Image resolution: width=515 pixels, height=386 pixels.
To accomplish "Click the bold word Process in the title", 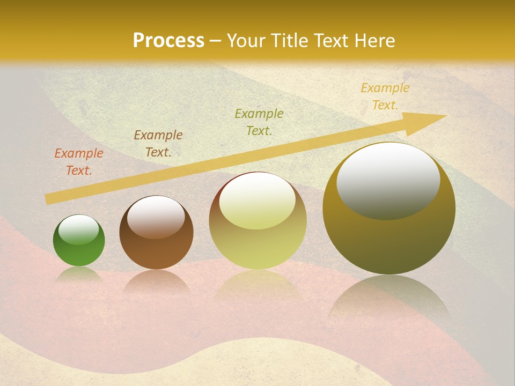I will click(x=168, y=40).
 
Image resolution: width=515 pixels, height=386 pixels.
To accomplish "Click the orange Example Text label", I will click(x=79, y=161).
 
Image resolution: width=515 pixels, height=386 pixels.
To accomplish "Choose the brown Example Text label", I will click(x=158, y=143).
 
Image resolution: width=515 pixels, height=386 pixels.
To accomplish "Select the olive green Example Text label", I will click(x=259, y=122).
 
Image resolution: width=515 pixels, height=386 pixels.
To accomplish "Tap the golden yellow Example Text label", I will click(x=385, y=96).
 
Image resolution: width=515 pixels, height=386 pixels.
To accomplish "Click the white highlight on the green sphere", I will click(x=79, y=229).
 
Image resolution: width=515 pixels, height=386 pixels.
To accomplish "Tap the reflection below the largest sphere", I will click(x=389, y=300).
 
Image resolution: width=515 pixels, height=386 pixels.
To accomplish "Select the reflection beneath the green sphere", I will click(x=79, y=274).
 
